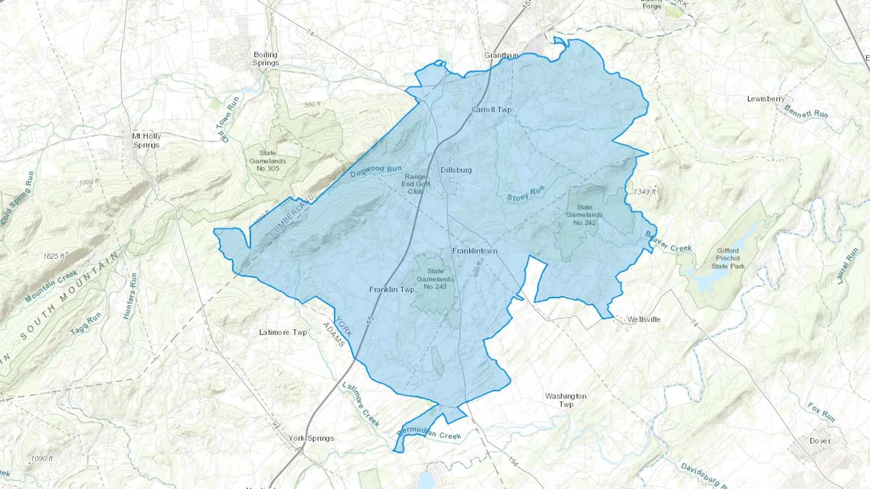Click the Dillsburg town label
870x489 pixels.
(456, 170)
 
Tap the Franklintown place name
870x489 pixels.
(475, 251)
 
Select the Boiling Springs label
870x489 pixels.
(265, 59)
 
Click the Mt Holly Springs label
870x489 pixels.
(146, 140)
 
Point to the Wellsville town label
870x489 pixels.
(643, 320)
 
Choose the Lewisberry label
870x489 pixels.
(766, 99)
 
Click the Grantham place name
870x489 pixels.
(501, 56)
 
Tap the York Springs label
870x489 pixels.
(311, 438)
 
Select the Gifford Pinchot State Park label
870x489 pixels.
(728, 258)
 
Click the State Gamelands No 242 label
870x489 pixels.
(584, 215)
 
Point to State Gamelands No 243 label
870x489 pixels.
(435, 279)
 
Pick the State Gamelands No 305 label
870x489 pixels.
(267, 161)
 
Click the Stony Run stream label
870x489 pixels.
(526, 194)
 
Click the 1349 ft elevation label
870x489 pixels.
(645, 192)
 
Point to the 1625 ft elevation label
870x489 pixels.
(54, 256)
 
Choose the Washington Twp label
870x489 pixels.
(565, 400)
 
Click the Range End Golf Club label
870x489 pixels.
(415, 184)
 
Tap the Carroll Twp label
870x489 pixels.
(491, 110)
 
